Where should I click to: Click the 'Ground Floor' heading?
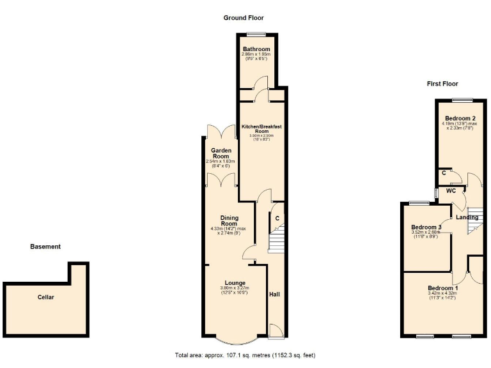click(243, 18)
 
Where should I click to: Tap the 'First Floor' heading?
click(442, 84)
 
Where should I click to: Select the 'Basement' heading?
click(45, 247)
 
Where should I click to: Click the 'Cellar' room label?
click(45, 297)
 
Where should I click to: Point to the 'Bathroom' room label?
click(256, 49)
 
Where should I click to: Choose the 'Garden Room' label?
click(221, 153)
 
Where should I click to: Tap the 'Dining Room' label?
click(228, 220)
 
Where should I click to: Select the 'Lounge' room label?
click(235, 283)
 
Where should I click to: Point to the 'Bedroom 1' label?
click(442, 288)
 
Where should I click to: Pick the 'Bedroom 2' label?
click(460, 118)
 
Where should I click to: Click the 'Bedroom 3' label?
click(426, 227)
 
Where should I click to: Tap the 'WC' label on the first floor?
click(451, 190)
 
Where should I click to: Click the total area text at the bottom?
click(245, 355)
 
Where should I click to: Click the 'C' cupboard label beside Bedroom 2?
click(444, 173)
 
